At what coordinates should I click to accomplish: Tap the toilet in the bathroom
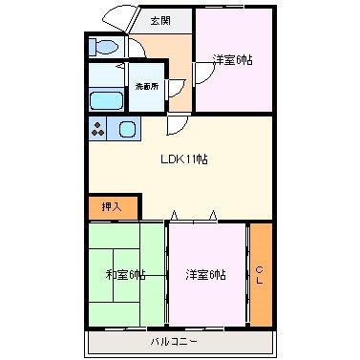[102, 46]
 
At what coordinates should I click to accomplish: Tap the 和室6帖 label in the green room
[127, 275]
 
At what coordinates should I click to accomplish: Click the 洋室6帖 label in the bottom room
[206, 275]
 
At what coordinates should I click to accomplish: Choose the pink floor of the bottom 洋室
[206, 301]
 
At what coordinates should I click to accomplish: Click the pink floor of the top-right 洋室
[234, 86]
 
